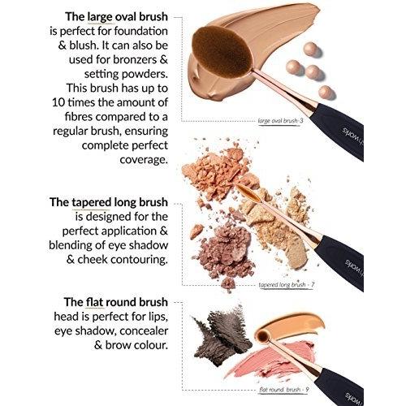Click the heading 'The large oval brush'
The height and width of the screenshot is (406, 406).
point(116,17)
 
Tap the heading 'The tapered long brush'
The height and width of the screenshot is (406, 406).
point(109,202)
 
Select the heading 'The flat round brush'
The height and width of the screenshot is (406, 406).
point(116,302)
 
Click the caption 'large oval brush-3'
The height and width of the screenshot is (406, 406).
point(280,121)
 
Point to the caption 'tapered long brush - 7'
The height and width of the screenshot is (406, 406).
point(287,285)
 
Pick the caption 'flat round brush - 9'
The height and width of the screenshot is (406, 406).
point(284,390)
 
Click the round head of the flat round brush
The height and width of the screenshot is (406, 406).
point(263,335)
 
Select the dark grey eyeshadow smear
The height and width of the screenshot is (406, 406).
point(222,335)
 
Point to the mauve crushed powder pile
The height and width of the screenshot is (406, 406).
point(225,254)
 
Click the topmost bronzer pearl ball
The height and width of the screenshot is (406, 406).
point(310,50)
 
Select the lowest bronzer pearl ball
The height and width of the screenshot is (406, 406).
point(326,93)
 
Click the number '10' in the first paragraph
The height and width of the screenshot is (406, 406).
point(58,103)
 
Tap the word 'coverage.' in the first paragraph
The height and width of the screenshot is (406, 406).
point(144,160)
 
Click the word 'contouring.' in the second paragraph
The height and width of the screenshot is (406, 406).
point(139,260)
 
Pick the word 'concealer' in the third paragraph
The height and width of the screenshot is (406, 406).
point(144,331)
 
